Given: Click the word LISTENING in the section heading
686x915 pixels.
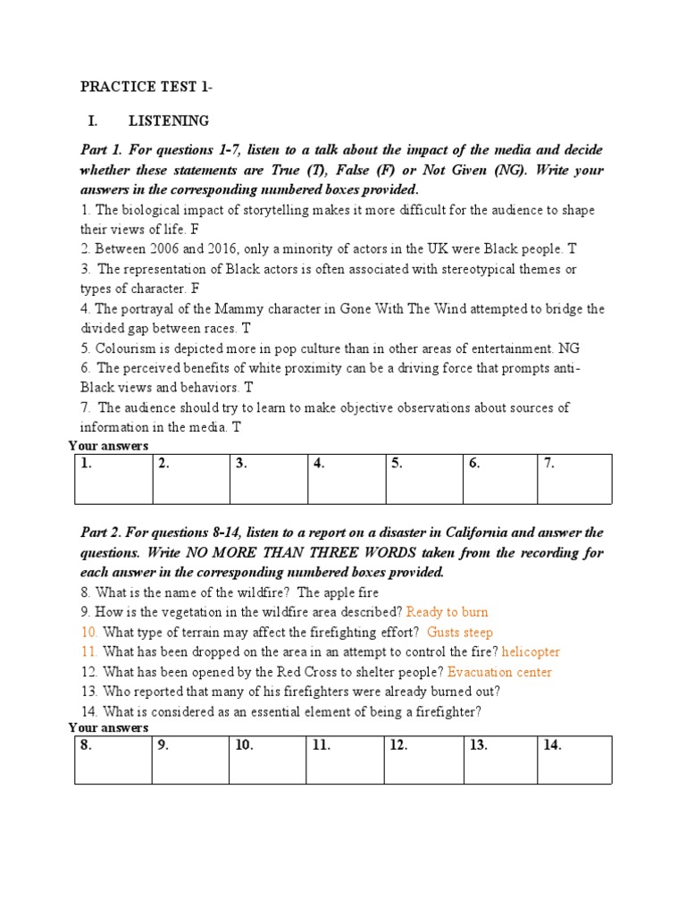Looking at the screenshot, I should coord(169,121).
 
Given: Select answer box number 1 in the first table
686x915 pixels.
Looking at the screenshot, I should coord(113,479).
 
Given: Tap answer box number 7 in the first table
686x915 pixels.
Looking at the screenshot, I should coord(574,479).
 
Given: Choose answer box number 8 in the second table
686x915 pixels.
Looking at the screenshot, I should coord(113,760).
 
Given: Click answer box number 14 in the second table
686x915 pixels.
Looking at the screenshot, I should coord(574,760).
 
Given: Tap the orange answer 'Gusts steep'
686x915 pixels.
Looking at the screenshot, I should coord(460,633).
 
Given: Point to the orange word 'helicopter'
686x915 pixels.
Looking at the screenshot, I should coord(531,652).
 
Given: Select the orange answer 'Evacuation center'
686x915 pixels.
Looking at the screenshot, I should coord(499,672).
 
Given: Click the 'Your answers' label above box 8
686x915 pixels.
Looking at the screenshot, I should coord(108,728).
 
